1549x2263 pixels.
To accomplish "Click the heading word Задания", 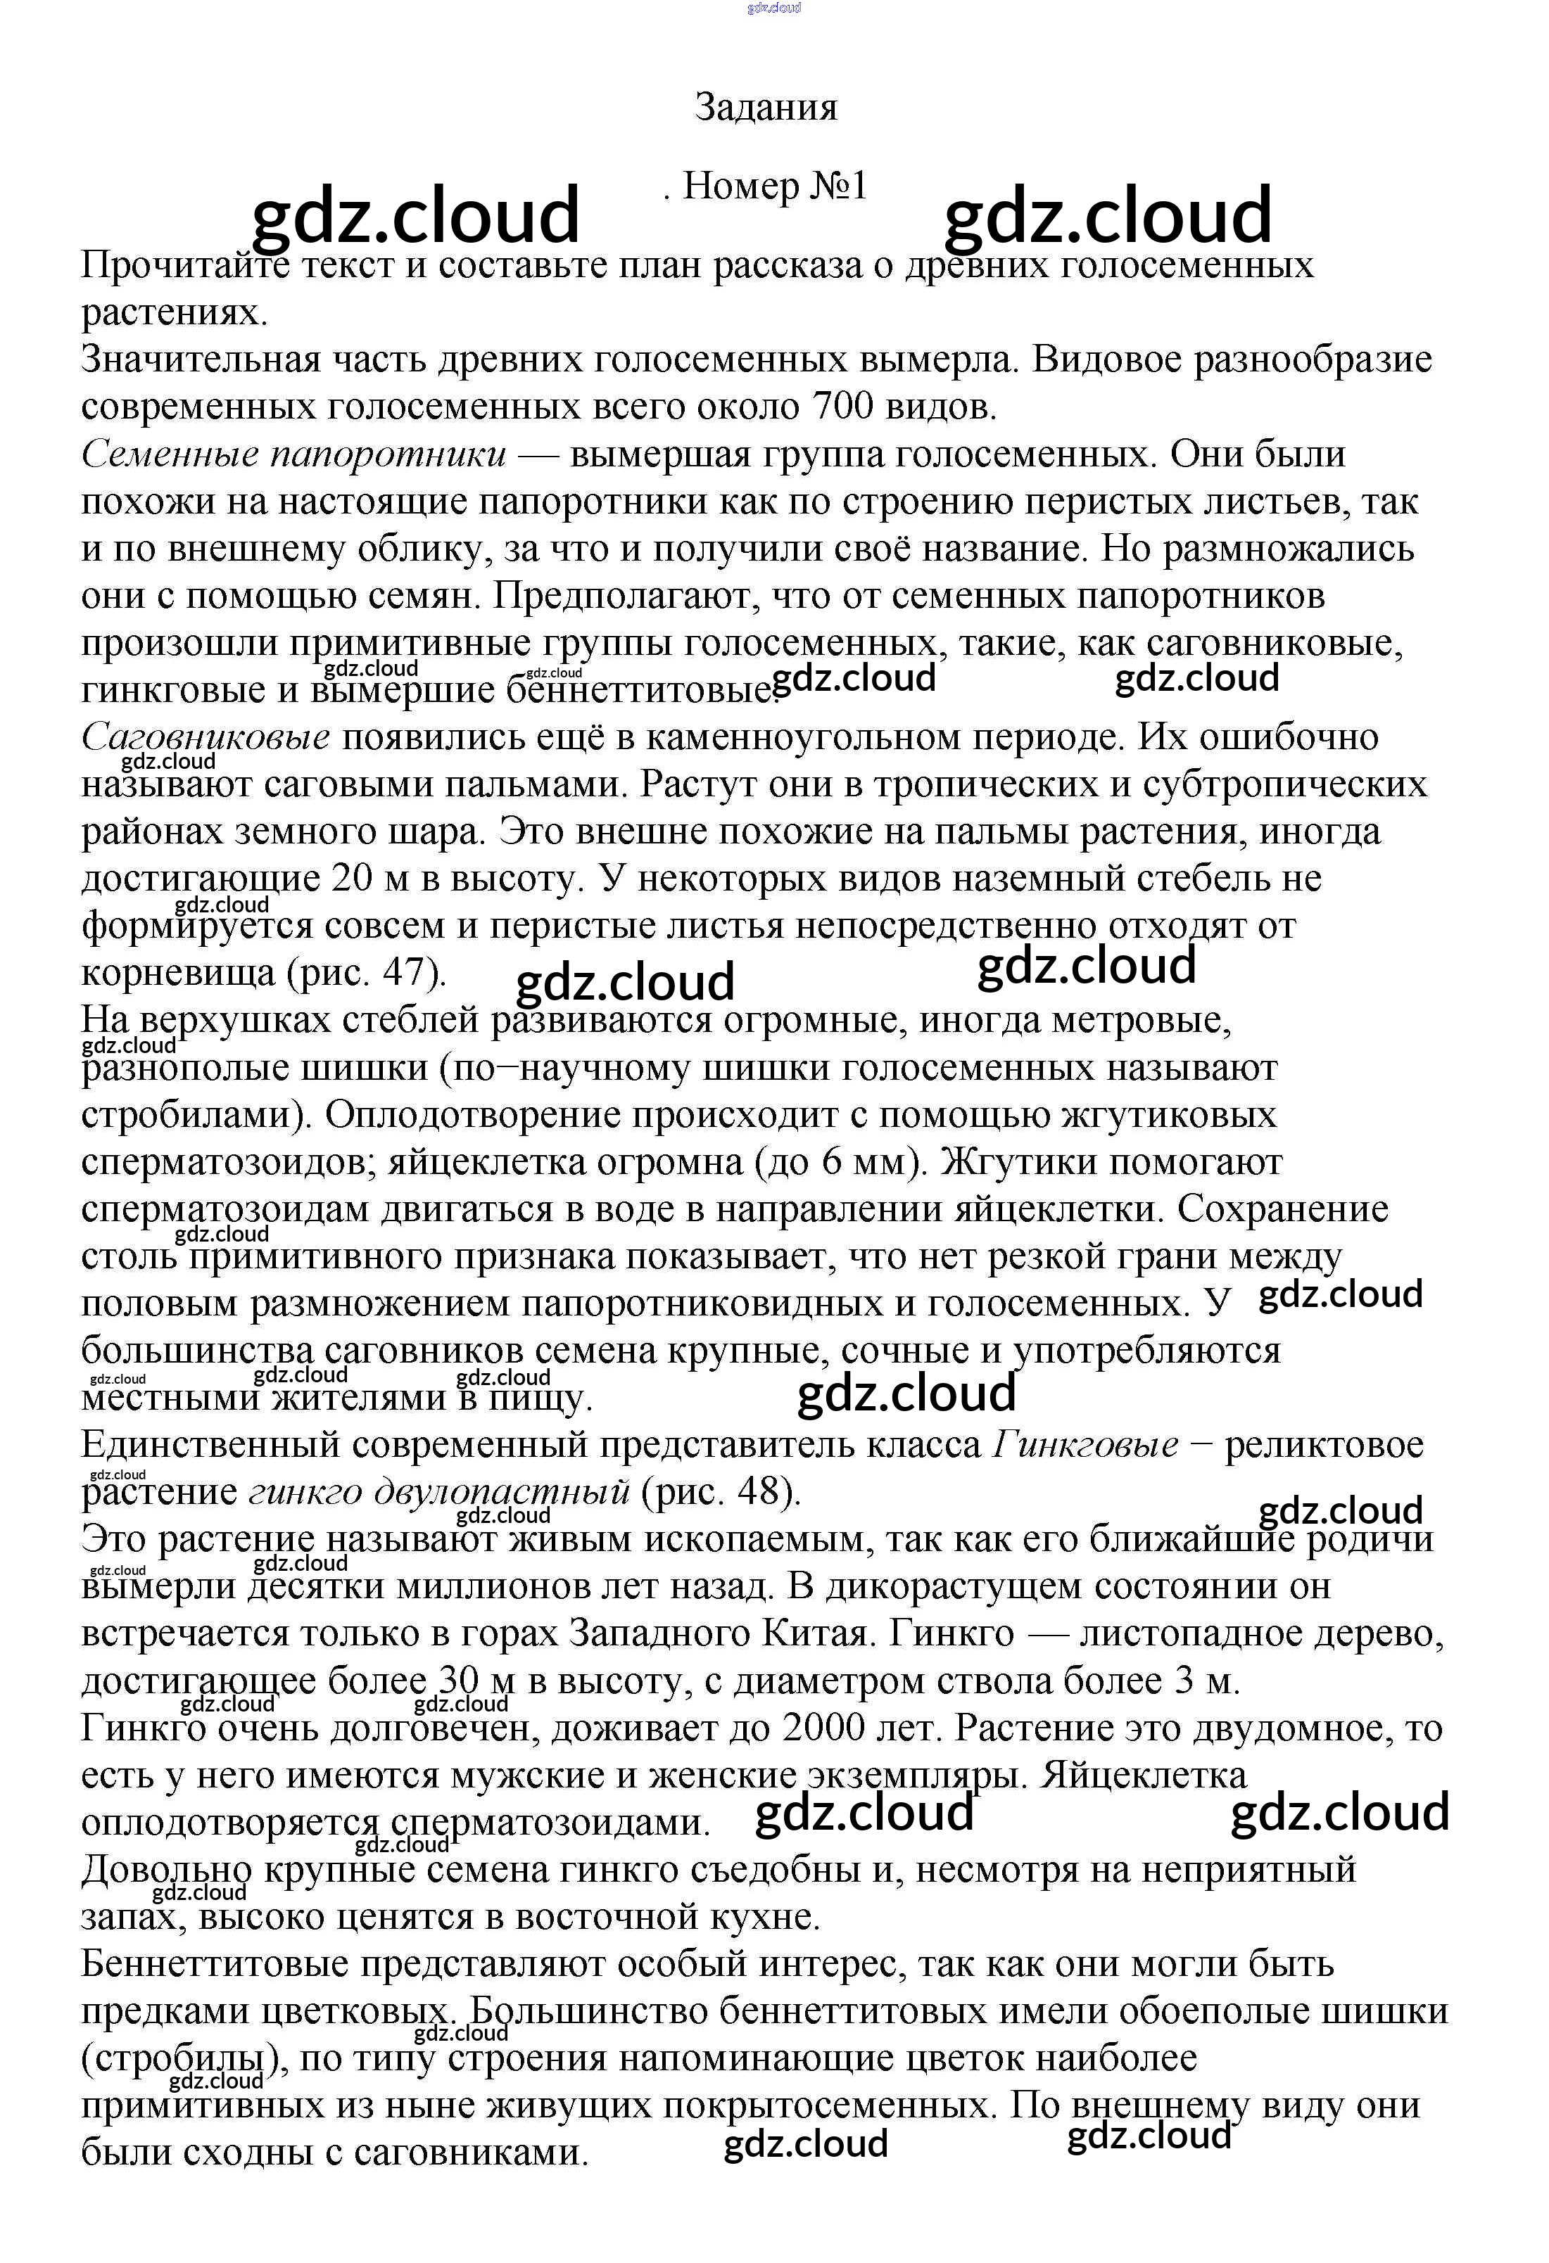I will point(766,107).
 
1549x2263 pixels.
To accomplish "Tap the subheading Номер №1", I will point(774,186).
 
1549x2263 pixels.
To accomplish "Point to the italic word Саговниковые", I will point(206,738).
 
